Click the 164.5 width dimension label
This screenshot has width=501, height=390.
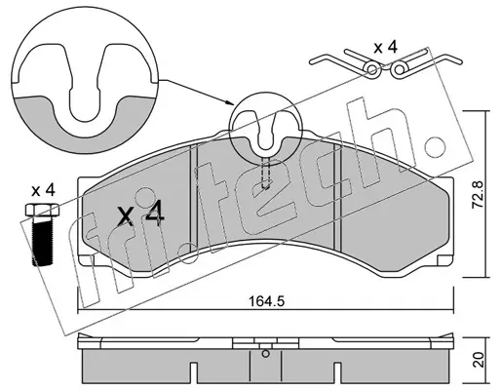click(266, 301)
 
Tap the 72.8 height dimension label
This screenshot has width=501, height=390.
click(478, 195)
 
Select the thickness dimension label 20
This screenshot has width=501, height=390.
click(480, 360)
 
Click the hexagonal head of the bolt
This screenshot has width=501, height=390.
click(42, 210)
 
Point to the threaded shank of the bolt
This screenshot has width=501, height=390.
click(42, 241)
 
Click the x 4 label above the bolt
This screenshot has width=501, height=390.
click(43, 191)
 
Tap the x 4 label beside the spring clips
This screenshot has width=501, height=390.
click(385, 48)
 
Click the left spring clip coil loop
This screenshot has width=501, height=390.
click(373, 69)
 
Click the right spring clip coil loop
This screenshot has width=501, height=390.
click(399, 69)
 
